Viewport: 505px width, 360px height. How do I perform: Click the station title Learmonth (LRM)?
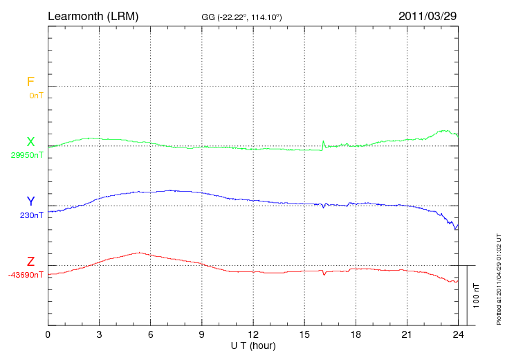point(93,15)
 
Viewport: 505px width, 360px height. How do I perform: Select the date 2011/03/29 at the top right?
point(428,15)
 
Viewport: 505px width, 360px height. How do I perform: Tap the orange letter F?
point(30,82)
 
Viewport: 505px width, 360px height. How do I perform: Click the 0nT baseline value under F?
point(36,95)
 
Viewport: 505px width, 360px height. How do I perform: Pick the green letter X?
point(30,142)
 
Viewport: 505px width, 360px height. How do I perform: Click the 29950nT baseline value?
point(27,155)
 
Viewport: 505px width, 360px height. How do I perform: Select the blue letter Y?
point(30,201)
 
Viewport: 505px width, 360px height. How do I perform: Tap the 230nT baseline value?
point(32,215)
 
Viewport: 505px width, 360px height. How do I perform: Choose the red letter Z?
point(30,262)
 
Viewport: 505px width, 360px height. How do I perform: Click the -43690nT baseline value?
point(26,275)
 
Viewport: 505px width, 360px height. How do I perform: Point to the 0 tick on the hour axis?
point(48,334)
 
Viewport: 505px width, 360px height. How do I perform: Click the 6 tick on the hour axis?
point(150,334)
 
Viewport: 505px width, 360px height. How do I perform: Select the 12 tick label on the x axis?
point(252,334)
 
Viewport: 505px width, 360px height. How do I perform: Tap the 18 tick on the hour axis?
point(356,334)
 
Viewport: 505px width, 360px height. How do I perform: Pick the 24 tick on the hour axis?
point(458,334)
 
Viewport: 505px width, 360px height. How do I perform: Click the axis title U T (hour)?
point(253,345)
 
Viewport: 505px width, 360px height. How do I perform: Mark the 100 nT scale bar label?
point(476,296)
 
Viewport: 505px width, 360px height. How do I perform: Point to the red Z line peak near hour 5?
point(140,253)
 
